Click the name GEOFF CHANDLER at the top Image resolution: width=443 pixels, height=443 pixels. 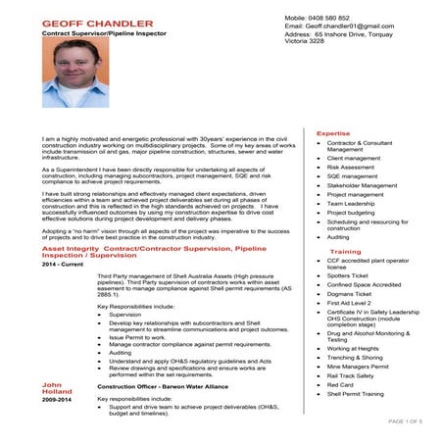point(97,23)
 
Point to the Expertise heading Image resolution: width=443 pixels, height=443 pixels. point(333,133)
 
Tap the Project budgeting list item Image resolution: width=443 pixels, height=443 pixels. point(354,213)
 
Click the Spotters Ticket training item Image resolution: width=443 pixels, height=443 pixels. point(352,275)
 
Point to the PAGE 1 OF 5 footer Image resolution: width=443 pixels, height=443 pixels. point(405,421)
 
